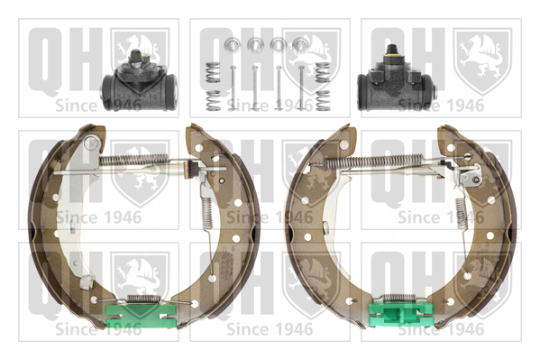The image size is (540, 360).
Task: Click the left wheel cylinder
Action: pos(139,82)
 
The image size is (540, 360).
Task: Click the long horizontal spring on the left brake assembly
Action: pos(133,159)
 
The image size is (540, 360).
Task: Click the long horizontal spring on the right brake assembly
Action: pos(375,161)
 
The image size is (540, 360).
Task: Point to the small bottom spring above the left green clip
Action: pos(143,299)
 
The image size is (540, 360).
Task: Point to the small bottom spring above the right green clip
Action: pos(399,298)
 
